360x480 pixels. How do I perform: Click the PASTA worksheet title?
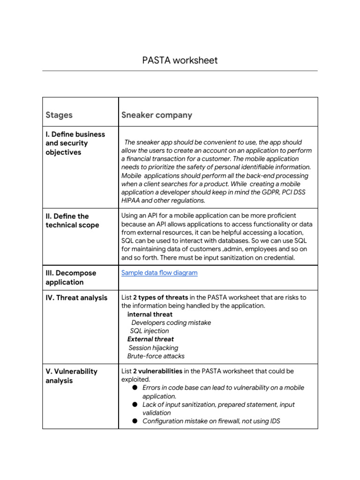point(180,60)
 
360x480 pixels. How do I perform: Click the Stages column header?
point(59,115)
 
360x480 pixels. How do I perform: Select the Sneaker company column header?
point(157,115)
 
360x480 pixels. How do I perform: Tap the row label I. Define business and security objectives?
point(75,143)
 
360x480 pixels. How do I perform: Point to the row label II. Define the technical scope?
point(72,220)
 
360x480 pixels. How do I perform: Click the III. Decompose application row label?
point(71,277)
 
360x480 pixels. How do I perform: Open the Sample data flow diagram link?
point(159,273)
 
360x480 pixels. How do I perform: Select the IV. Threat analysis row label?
point(76,298)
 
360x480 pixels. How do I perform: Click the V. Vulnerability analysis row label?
point(71,376)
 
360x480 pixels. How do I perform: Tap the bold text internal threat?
point(150,315)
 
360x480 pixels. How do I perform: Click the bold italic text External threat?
point(150,339)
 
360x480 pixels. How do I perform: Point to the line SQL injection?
point(150,331)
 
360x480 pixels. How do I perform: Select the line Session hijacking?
point(153,348)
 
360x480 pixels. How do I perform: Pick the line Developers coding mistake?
point(171,322)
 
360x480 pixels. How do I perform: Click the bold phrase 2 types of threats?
point(160,298)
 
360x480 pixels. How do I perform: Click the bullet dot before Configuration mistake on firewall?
point(135,421)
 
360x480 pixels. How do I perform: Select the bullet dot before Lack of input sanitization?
point(135,404)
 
